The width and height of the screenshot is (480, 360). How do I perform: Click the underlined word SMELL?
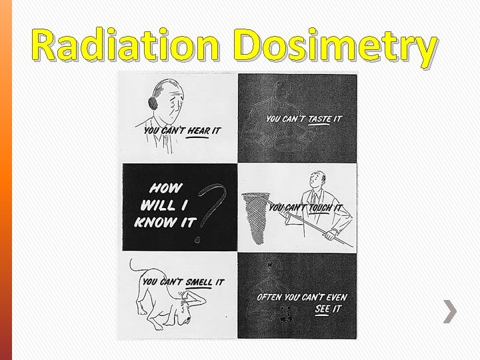click(195, 283)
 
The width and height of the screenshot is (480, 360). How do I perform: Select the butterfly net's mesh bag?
click(256, 214)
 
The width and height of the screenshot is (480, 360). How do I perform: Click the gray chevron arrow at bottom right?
click(451, 310)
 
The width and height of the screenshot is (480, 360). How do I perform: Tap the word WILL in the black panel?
click(157, 205)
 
